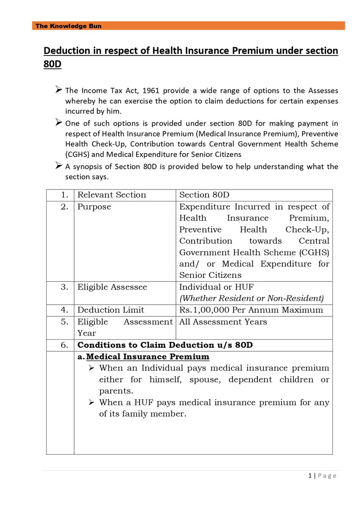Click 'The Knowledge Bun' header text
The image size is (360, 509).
[x=68, y=26]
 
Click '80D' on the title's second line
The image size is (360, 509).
[x=53, y=66]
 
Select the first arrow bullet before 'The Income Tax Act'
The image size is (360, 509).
[x=59, y=90]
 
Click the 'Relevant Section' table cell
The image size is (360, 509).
[x=112, y=195]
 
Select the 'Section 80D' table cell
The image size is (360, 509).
[x=204, y=195]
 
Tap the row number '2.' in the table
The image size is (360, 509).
[x=64, y=207]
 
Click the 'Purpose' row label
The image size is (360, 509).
[x=94, y=207]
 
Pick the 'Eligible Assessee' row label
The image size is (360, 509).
[x=112, y=287]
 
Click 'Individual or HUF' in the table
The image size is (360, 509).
[x=216, y=287]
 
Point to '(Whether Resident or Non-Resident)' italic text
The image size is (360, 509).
[x=251, y=299]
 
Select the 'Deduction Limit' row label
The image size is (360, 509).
[x=111, y=310]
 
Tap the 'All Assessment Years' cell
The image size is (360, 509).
[x=223, y=322]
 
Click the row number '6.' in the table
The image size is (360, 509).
[x=64, y=345]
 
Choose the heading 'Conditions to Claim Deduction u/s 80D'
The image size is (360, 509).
[x=165, y=345]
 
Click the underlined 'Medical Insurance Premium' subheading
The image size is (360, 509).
[x=148, y=356]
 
